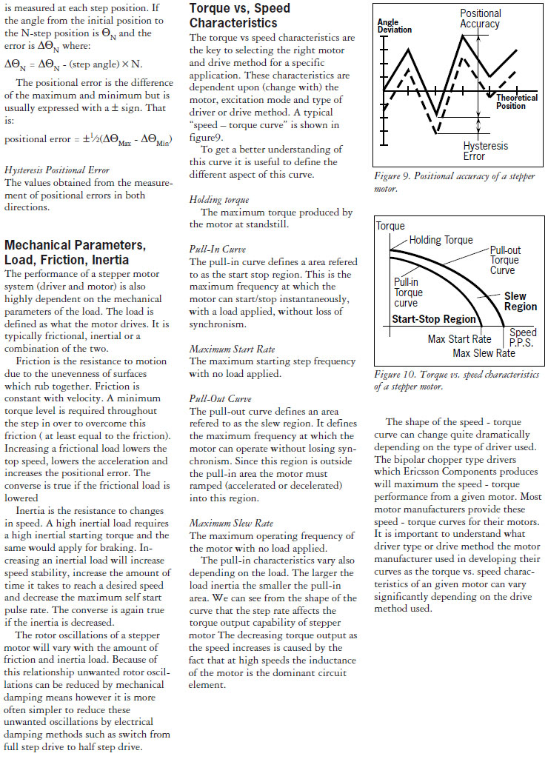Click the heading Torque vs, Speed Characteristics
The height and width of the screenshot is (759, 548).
click(240, 15)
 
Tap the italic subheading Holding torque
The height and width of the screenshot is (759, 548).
click(220, 199)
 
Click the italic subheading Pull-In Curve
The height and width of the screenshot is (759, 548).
click(218, 249)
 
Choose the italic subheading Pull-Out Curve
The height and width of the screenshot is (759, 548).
click(220, 398)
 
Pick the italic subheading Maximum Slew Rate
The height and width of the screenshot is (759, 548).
click(231, 524)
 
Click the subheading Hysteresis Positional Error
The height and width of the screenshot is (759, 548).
click(56, 170)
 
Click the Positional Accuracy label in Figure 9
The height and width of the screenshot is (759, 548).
click(480, 19)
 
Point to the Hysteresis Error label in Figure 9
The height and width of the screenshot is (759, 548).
click(485, 151)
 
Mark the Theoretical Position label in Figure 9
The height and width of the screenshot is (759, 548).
click(517, 101)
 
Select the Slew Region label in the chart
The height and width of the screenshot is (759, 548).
click(520, 301)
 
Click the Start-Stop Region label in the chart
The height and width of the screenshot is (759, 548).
click(433, 319)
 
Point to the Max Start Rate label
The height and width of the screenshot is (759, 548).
click(459, 339)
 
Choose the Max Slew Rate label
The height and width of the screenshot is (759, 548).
click(484, 353)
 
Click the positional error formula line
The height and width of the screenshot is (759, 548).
click(88, 139)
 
